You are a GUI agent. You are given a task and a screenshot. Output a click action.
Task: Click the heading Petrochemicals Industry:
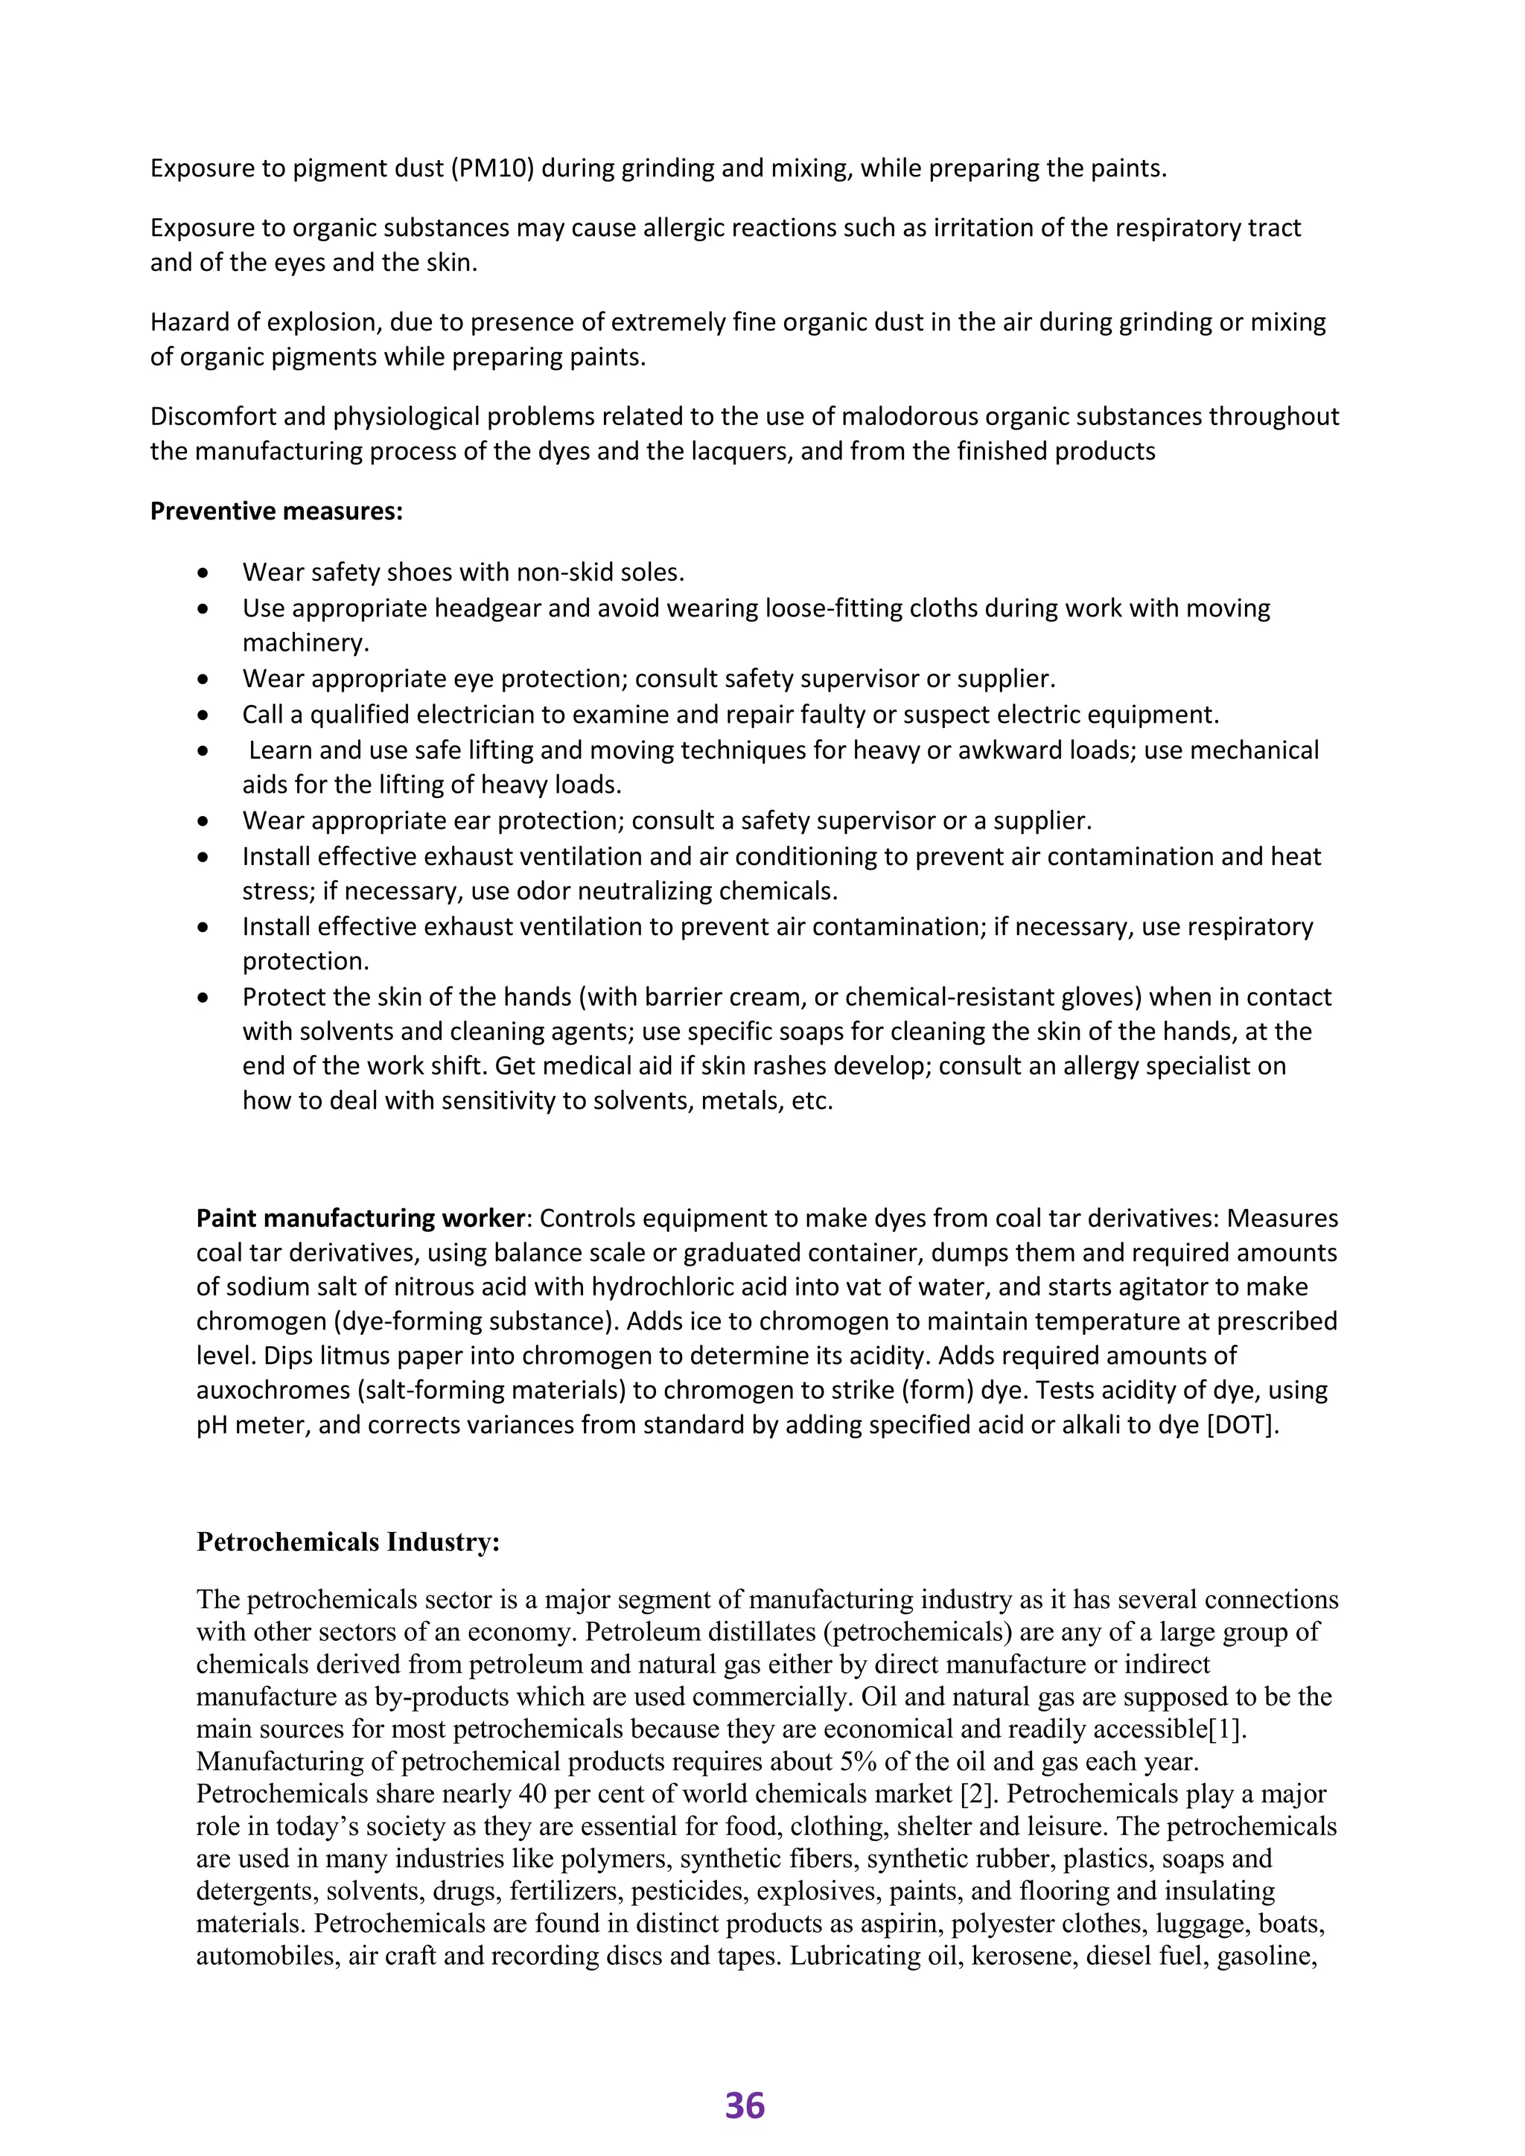point(348,1542)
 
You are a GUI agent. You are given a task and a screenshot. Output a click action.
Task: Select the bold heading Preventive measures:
point(276,511)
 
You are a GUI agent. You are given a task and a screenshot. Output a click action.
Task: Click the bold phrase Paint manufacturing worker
point(360,1218)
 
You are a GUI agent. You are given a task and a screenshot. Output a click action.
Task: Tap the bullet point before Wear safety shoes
point(203,573)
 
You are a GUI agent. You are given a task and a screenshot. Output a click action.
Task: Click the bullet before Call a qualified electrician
point(203,715)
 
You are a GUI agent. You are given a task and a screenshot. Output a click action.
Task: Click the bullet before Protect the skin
point(203,998)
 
